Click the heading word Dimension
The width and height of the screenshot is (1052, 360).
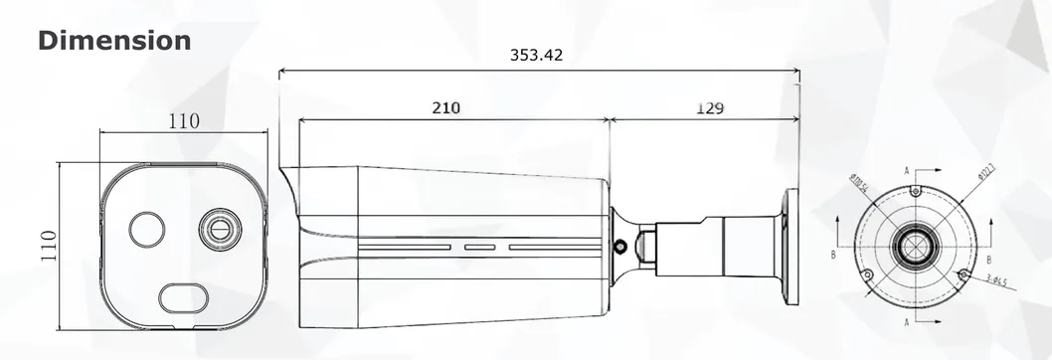pos(114,41)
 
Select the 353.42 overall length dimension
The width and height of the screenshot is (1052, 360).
pos(536,56)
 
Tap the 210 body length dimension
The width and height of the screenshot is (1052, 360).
pos(445,107)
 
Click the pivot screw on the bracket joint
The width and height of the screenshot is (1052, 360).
pos(621,244)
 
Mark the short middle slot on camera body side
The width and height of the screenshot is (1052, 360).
pos(480,243)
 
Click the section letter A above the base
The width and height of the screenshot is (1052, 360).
pos(908,171)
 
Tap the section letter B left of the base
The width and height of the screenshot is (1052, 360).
pos(832,256)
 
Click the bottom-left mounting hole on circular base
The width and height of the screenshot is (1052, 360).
pos(866,275)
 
